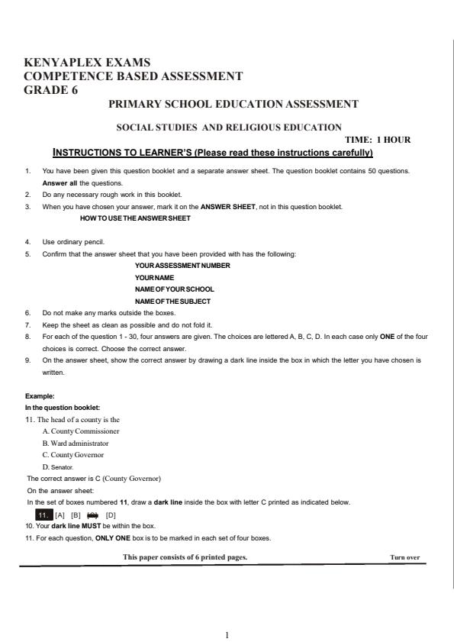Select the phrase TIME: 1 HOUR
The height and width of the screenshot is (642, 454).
(378, 140)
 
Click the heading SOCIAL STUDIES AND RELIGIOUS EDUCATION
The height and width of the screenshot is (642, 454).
(228, 127)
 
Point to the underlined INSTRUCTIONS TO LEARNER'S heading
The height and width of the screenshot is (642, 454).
(212, 153)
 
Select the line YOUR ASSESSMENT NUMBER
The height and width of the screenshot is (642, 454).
(182, 265)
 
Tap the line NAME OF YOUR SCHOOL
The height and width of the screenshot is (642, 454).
(174, 289)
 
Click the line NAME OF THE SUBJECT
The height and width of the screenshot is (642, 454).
(174, 302)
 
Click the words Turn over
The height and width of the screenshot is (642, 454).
(404, 557)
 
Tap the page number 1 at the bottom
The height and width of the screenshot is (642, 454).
(227, 634)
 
